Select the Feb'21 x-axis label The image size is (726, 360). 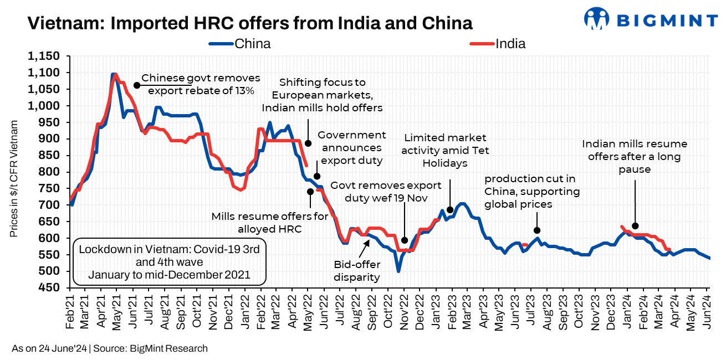pyautogui.click(x=70, y=314)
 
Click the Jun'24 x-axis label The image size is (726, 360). pyautogui.click(x=708, y=314)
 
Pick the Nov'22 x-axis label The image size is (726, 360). pyautogui.click(x=404, y=314)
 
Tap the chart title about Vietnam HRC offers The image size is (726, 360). pyautogui.click(x=250, y=23)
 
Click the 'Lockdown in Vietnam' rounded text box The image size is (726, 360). pyautogui.click(x=170, y=261)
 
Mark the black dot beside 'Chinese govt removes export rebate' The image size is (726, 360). pyautogui.click(x=136, y=85)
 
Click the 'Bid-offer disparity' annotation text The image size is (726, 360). pyautogui.click(x=356, y=271)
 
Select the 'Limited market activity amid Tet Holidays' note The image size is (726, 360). pyautogui.click(x=445, y=150)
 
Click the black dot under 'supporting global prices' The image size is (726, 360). pyautogui.click(x=536, y=230)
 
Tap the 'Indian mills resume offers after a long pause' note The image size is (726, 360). pyautogui.click(x=635, y=157)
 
